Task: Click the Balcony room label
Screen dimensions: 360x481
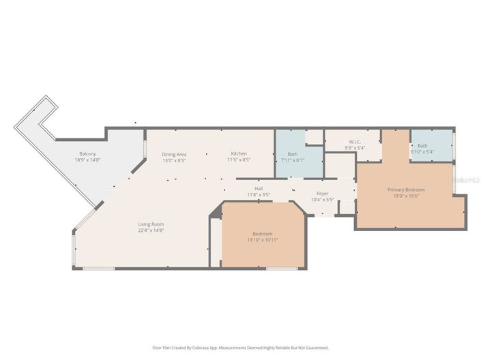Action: [x=87, y=153]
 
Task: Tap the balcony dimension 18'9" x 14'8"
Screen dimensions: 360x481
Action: [x=87, y=160]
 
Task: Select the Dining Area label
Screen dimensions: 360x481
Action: [x=174, y=154]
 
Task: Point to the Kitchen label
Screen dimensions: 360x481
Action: [x=239, y=154]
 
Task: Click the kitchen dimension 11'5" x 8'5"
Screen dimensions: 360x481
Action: [x=239, y=160]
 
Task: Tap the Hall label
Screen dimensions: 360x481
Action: [x=259, y=189]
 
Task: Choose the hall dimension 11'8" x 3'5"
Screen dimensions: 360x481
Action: [x=259, y=195]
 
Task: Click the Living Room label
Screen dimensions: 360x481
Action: [x=151, y=224]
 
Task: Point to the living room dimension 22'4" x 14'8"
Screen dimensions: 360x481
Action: [x=151, y=230]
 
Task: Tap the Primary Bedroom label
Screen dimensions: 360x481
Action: [x=406, y=190]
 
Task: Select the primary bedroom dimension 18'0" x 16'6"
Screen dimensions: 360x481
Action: [x=406, y=196]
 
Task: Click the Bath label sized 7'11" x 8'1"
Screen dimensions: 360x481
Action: [x=292, y=154]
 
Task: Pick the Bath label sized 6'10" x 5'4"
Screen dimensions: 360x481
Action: [x=422, y=145]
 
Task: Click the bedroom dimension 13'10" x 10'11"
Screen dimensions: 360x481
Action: [x=263, y=240]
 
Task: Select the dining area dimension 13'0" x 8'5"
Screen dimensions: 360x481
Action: [x=174, y=160]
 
